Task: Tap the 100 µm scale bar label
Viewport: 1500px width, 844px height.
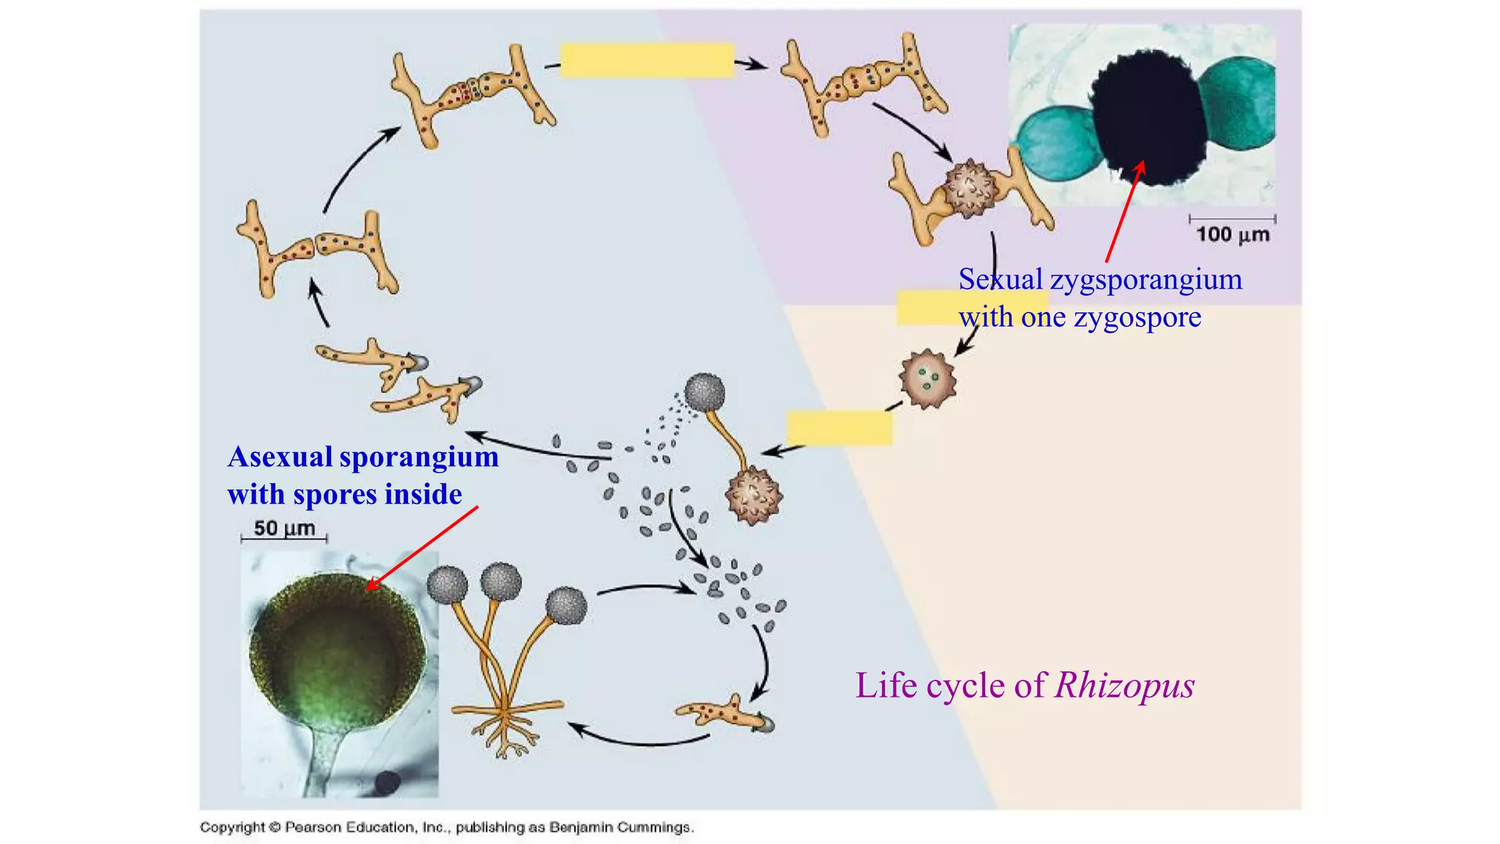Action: click(1233, 234)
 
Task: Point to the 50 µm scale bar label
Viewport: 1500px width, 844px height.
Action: click(284, 528)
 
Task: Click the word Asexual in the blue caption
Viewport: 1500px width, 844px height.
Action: click(280, 457)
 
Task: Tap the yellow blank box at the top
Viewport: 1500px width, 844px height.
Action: click(647, 60)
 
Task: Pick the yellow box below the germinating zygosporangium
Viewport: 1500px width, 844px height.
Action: click(839, 428)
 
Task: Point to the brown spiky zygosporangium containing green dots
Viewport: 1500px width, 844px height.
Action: click(928, 378)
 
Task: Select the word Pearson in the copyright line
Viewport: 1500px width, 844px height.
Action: click(313, 828)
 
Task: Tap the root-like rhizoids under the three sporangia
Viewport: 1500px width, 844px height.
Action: click(505, 729)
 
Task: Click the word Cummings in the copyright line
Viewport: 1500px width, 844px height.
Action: click(654, 828)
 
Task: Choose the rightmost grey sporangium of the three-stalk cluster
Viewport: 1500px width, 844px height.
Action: click(567, 607)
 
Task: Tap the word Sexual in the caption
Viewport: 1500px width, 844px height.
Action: click(1001, 280)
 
